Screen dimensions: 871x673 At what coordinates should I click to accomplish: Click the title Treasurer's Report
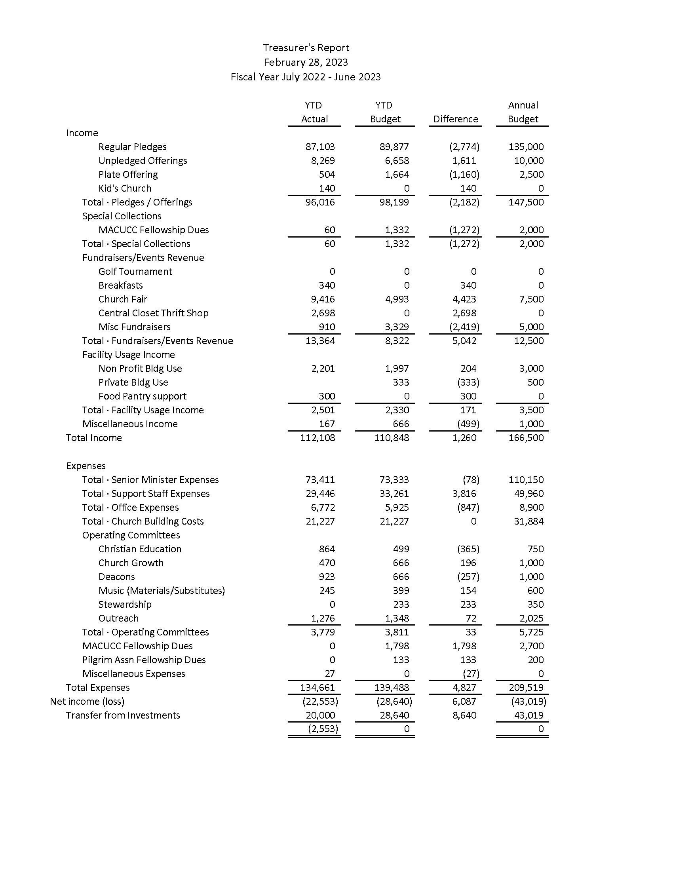[306, 48]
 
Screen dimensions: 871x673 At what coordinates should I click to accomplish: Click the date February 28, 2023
[306, 63]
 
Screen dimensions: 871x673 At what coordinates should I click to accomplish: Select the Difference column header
[455, 119]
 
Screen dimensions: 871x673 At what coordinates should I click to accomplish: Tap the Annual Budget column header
[523, 112]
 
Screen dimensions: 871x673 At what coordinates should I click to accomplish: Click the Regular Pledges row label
[132, 147]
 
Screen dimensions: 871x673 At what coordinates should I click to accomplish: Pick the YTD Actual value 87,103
[320, 147]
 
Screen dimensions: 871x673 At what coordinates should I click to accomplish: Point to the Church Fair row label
[123, 299]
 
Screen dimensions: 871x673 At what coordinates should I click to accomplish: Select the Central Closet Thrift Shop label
[154, 313]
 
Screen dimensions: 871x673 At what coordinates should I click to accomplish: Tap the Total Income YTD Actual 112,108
[317, 438]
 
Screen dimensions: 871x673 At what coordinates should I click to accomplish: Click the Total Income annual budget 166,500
[526, 438]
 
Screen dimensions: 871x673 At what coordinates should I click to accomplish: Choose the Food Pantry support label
[143, 396]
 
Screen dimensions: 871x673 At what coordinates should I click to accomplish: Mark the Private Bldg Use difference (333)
[468, 382]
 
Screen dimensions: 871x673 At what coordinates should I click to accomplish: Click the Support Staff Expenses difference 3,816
[464, 494]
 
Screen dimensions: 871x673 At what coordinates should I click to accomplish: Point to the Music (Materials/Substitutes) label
[162, 591]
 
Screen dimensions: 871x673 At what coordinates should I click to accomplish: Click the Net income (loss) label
[87, 702]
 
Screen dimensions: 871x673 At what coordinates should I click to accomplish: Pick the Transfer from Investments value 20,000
[320, 715]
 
